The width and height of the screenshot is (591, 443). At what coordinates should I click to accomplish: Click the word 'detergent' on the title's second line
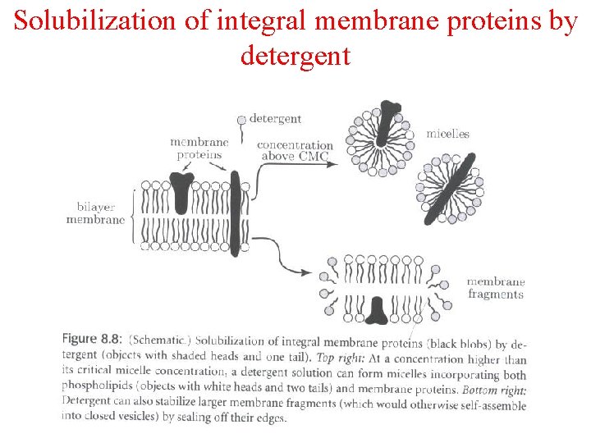pyautogui.click(x=295, y=56)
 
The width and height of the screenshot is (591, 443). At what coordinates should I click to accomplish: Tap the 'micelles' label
pyautogui.click(x=447, y=134)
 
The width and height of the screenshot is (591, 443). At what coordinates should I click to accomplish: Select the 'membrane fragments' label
pyautogui.click(x=495, y=289)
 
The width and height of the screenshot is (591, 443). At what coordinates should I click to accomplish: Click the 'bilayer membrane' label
pyautogui.click(x=95, y=213)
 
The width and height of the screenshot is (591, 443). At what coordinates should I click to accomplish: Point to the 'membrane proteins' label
pyautogui.click(x=199, y=148)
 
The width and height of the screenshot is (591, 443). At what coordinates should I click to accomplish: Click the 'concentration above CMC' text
pyautogui.click(x=295, y=151)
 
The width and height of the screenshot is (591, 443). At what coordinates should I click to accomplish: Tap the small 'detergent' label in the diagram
pyautogui.click(x=275, y=119)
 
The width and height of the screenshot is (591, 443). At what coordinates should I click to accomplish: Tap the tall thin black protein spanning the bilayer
pyautogui.click(x=235, y=213)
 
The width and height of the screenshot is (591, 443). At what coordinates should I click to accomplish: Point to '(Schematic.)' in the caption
pyautogui.click(x=161, y=340)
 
